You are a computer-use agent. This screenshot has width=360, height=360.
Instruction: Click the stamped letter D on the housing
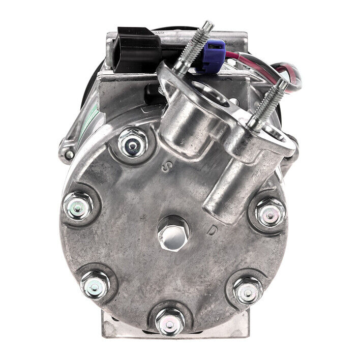coord(213,231)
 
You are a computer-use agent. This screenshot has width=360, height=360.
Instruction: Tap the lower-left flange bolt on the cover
coord(96,283)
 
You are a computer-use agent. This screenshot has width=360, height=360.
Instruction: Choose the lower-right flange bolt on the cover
coord(248,290)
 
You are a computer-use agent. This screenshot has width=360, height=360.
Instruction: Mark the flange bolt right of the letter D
coord(270,213)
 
